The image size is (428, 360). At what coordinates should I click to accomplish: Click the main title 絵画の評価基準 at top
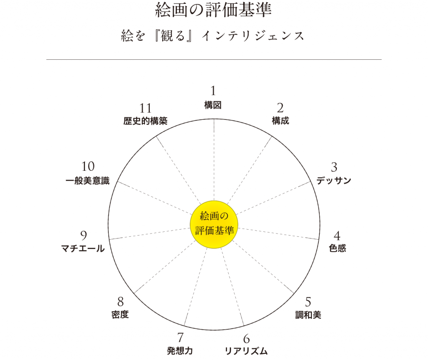[214, 10]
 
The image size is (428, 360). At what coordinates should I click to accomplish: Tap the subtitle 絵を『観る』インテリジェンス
[213, 36]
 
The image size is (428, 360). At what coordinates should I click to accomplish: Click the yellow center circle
[214, 224]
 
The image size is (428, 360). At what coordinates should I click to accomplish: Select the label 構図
[213, 105]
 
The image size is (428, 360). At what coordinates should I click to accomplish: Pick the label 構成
[280, 121]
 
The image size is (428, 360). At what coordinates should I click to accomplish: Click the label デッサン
[334, 180]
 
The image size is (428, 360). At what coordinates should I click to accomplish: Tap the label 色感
[337, 248]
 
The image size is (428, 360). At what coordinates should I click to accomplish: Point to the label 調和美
[308, 315]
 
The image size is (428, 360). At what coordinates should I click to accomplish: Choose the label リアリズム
[246, 351]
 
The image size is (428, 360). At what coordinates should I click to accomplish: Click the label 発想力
[180, 350]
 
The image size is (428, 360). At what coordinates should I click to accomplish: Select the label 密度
[120, 314]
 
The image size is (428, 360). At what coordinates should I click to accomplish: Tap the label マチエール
[83, 248]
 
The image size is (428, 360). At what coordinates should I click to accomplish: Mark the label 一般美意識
[88, 180]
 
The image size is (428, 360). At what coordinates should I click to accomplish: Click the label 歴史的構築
[145, 121]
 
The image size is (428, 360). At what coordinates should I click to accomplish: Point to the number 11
[145, 108]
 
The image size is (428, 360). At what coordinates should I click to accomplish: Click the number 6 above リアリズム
[247, 339]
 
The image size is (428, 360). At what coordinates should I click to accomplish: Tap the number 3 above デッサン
[334, 167]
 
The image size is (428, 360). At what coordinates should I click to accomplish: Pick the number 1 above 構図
[213, 91]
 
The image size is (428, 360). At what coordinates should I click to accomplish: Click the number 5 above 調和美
[308, 302]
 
